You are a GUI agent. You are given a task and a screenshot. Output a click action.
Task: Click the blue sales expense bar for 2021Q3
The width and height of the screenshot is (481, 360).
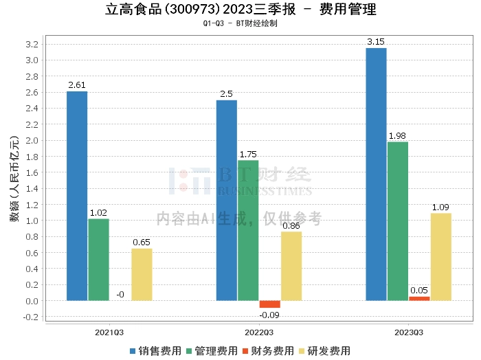(77, 196)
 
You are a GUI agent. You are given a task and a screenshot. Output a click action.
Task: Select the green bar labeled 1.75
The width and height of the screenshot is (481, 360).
(248, 230)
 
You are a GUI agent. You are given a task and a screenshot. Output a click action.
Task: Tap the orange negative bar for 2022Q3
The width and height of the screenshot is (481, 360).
(269, 304)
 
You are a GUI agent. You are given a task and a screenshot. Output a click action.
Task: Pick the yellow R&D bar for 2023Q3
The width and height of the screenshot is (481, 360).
(441, 257)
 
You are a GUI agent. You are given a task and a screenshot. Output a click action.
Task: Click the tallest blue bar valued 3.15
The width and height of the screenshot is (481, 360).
(376, 175)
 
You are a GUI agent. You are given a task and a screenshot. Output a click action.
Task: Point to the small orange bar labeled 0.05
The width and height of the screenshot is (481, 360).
(419, 299)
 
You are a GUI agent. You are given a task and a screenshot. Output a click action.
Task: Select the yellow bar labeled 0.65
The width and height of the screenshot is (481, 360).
(142, 275)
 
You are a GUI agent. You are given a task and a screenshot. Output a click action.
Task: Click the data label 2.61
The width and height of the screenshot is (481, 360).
(77, 85)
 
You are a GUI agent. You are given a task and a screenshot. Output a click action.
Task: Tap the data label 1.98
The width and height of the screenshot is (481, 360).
(398, 136)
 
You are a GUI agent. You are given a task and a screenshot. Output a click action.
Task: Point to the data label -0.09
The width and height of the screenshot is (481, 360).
(269, 315)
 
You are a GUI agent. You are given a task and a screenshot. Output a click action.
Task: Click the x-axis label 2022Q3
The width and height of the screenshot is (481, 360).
(258, 332)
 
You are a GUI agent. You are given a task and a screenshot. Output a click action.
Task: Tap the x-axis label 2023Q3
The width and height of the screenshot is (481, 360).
(408, 332)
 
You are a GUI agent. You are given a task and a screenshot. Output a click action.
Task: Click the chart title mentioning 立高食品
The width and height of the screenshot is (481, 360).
(240, 10)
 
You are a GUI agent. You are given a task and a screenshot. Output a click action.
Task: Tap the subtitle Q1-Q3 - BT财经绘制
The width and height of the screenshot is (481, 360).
(240, 23)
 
